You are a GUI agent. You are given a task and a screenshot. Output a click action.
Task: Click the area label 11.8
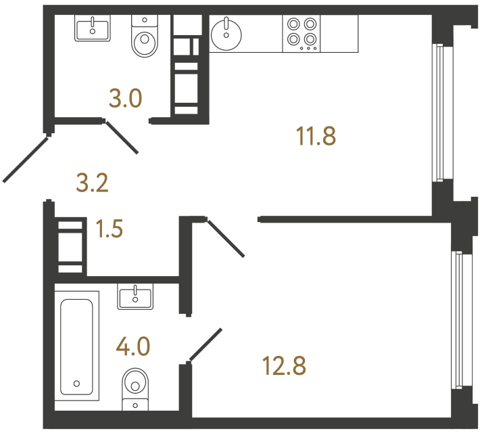316,136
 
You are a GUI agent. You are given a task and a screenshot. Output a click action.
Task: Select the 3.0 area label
126,99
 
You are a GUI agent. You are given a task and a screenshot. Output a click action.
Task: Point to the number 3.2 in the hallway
93,183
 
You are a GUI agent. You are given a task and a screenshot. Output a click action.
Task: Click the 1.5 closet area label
108,230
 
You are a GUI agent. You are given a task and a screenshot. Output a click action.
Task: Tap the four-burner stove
302,32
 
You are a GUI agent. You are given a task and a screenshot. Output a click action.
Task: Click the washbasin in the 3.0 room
92,28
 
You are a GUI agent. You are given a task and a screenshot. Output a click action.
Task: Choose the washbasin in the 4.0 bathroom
135,296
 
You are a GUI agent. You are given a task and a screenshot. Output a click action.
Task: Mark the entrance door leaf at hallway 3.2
26,158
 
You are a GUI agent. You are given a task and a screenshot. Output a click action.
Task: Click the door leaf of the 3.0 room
122,137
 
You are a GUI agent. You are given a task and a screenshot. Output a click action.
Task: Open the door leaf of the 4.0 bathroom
206,344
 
